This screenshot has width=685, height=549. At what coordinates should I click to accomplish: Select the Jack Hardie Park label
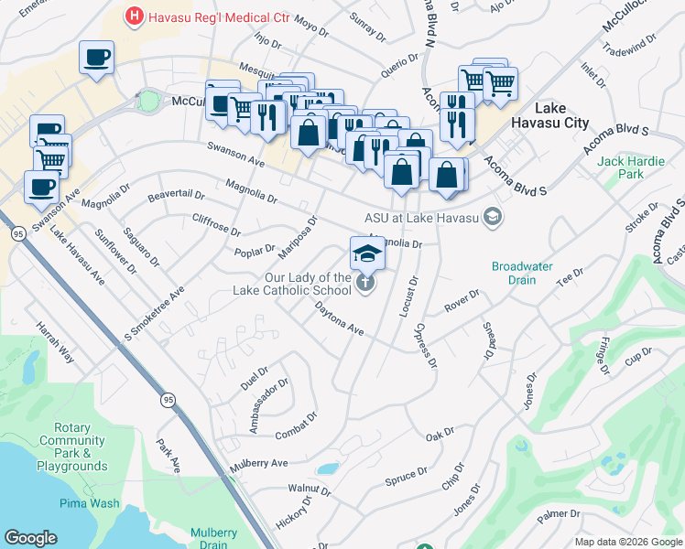coord(620,167)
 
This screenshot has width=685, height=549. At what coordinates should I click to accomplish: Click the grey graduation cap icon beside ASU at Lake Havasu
coord(494,217)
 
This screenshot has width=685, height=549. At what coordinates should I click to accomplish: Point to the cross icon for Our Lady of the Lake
coord(365,284)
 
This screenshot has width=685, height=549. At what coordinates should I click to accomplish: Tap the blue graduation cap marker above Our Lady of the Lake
coord(367,253)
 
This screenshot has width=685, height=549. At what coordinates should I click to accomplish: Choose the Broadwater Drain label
coord(522,273)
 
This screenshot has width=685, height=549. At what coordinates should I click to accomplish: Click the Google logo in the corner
coord(30,538)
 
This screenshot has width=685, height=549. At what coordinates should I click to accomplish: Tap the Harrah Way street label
coord(54,340)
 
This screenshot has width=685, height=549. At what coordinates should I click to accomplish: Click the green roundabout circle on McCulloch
coord(148,101)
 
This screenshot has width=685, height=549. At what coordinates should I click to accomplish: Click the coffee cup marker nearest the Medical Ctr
coord(96,59)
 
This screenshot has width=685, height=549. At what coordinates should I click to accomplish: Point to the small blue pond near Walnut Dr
coord(327,468)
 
